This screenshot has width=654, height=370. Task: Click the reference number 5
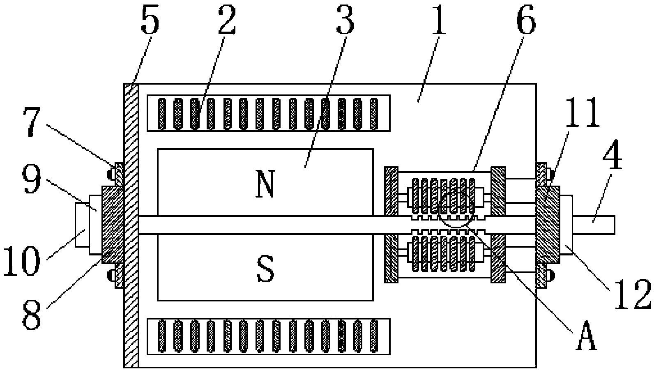(x=150, y=22)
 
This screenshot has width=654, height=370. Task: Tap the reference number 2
(x=226, y=21)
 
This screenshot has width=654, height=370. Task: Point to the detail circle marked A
(x=456, y=207)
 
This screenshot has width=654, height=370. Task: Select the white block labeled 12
(x=566, y=225)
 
